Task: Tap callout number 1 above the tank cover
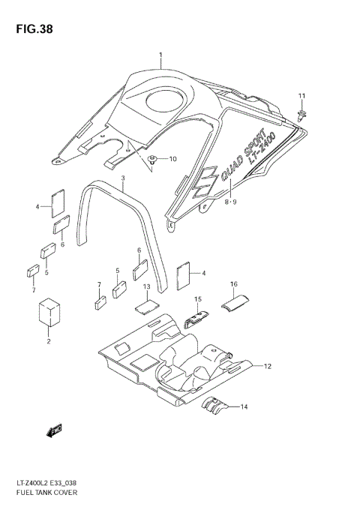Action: (x=160, y=54)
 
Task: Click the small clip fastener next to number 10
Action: (x=154, y=159)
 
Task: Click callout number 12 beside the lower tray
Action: (x=268, y=366)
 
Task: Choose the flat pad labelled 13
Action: (x=147, y=306)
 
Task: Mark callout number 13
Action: (x=147, y=287)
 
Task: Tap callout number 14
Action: (x=243, y=406)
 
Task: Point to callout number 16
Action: (x=234, y=284)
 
